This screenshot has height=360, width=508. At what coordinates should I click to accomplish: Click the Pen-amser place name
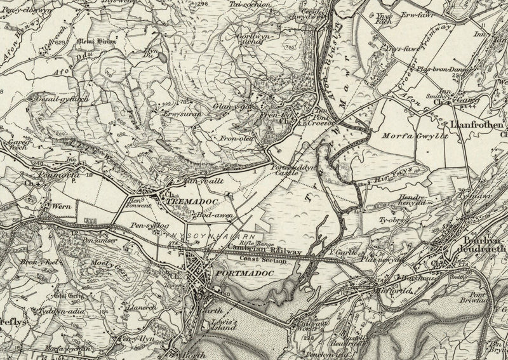[x=97, y=241]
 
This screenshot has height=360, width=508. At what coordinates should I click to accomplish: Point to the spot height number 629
[x=62, y=42]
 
